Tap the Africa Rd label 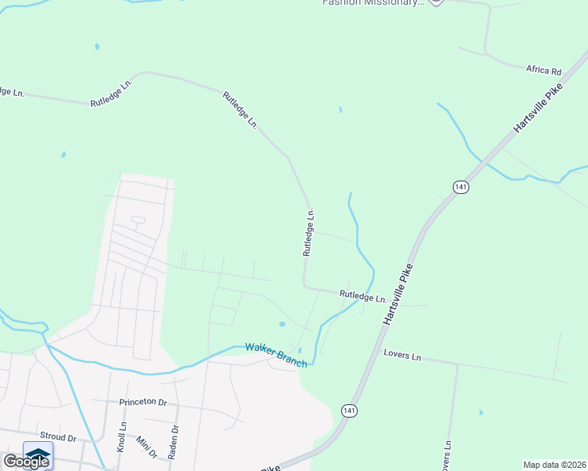544,70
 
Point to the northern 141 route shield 461,186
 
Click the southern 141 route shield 348,410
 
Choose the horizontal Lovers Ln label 402,356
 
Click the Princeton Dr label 143,402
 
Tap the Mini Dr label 147,447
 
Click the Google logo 26,462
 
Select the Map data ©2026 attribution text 555,465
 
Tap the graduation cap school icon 38,455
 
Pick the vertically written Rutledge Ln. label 309,232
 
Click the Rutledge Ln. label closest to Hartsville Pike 362,297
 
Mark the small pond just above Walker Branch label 282,323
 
